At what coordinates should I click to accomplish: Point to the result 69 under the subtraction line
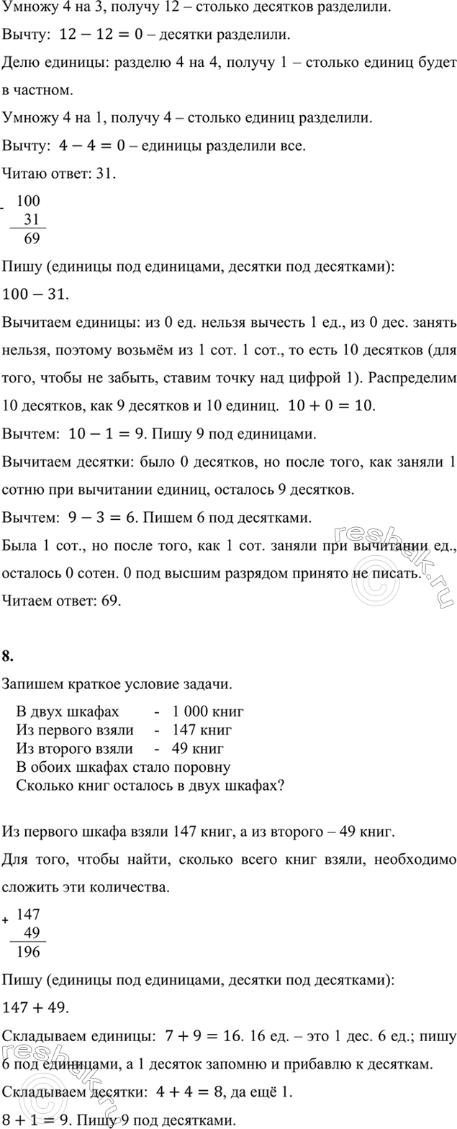tap(32, 238)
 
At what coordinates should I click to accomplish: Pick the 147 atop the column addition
tap(30, 914)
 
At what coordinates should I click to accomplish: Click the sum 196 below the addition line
tap(30, 952)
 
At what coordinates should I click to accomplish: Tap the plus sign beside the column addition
tap(6, 921)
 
